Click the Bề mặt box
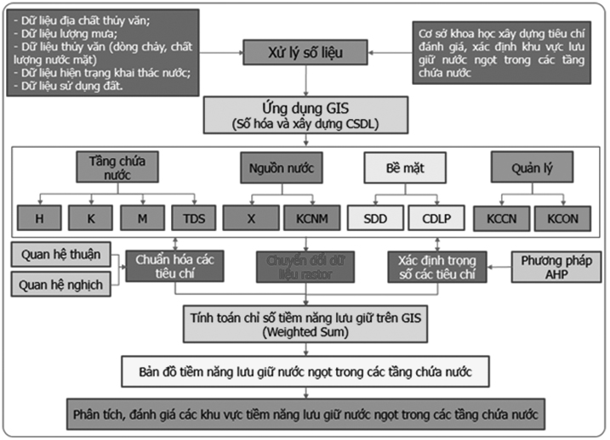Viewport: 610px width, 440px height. (x=406, y=168)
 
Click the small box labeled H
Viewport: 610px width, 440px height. (x=39, y=218)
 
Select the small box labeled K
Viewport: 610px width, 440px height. (x=89, y=218)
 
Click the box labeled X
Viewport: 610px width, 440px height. (x=251, y=218)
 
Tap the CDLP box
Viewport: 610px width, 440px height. (x=434, y=218)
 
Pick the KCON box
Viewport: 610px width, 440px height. (x=562, y=218)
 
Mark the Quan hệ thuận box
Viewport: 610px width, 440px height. (x=62, y=254)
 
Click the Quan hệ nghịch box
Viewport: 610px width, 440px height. (x=62, y=285)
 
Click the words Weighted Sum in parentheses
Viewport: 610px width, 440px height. (x=305, y=332)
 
